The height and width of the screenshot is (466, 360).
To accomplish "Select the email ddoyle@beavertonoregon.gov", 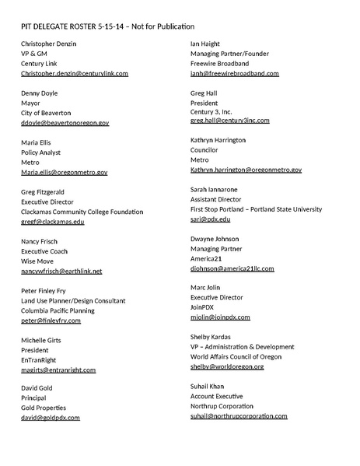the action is click(x=65, y=122).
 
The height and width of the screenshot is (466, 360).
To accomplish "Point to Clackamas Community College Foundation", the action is click(x=82, y=211).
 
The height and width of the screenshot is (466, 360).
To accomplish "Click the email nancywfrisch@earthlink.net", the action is click(x=61, y=270).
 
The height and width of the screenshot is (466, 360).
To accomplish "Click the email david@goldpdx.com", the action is click(x=51, y=417).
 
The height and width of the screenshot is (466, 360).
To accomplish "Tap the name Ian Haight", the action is click(x=206, y=44).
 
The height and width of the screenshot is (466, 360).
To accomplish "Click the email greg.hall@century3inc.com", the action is click(x=229, y=121).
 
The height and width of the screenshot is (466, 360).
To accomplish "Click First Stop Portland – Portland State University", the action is click(x=256, y=208).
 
